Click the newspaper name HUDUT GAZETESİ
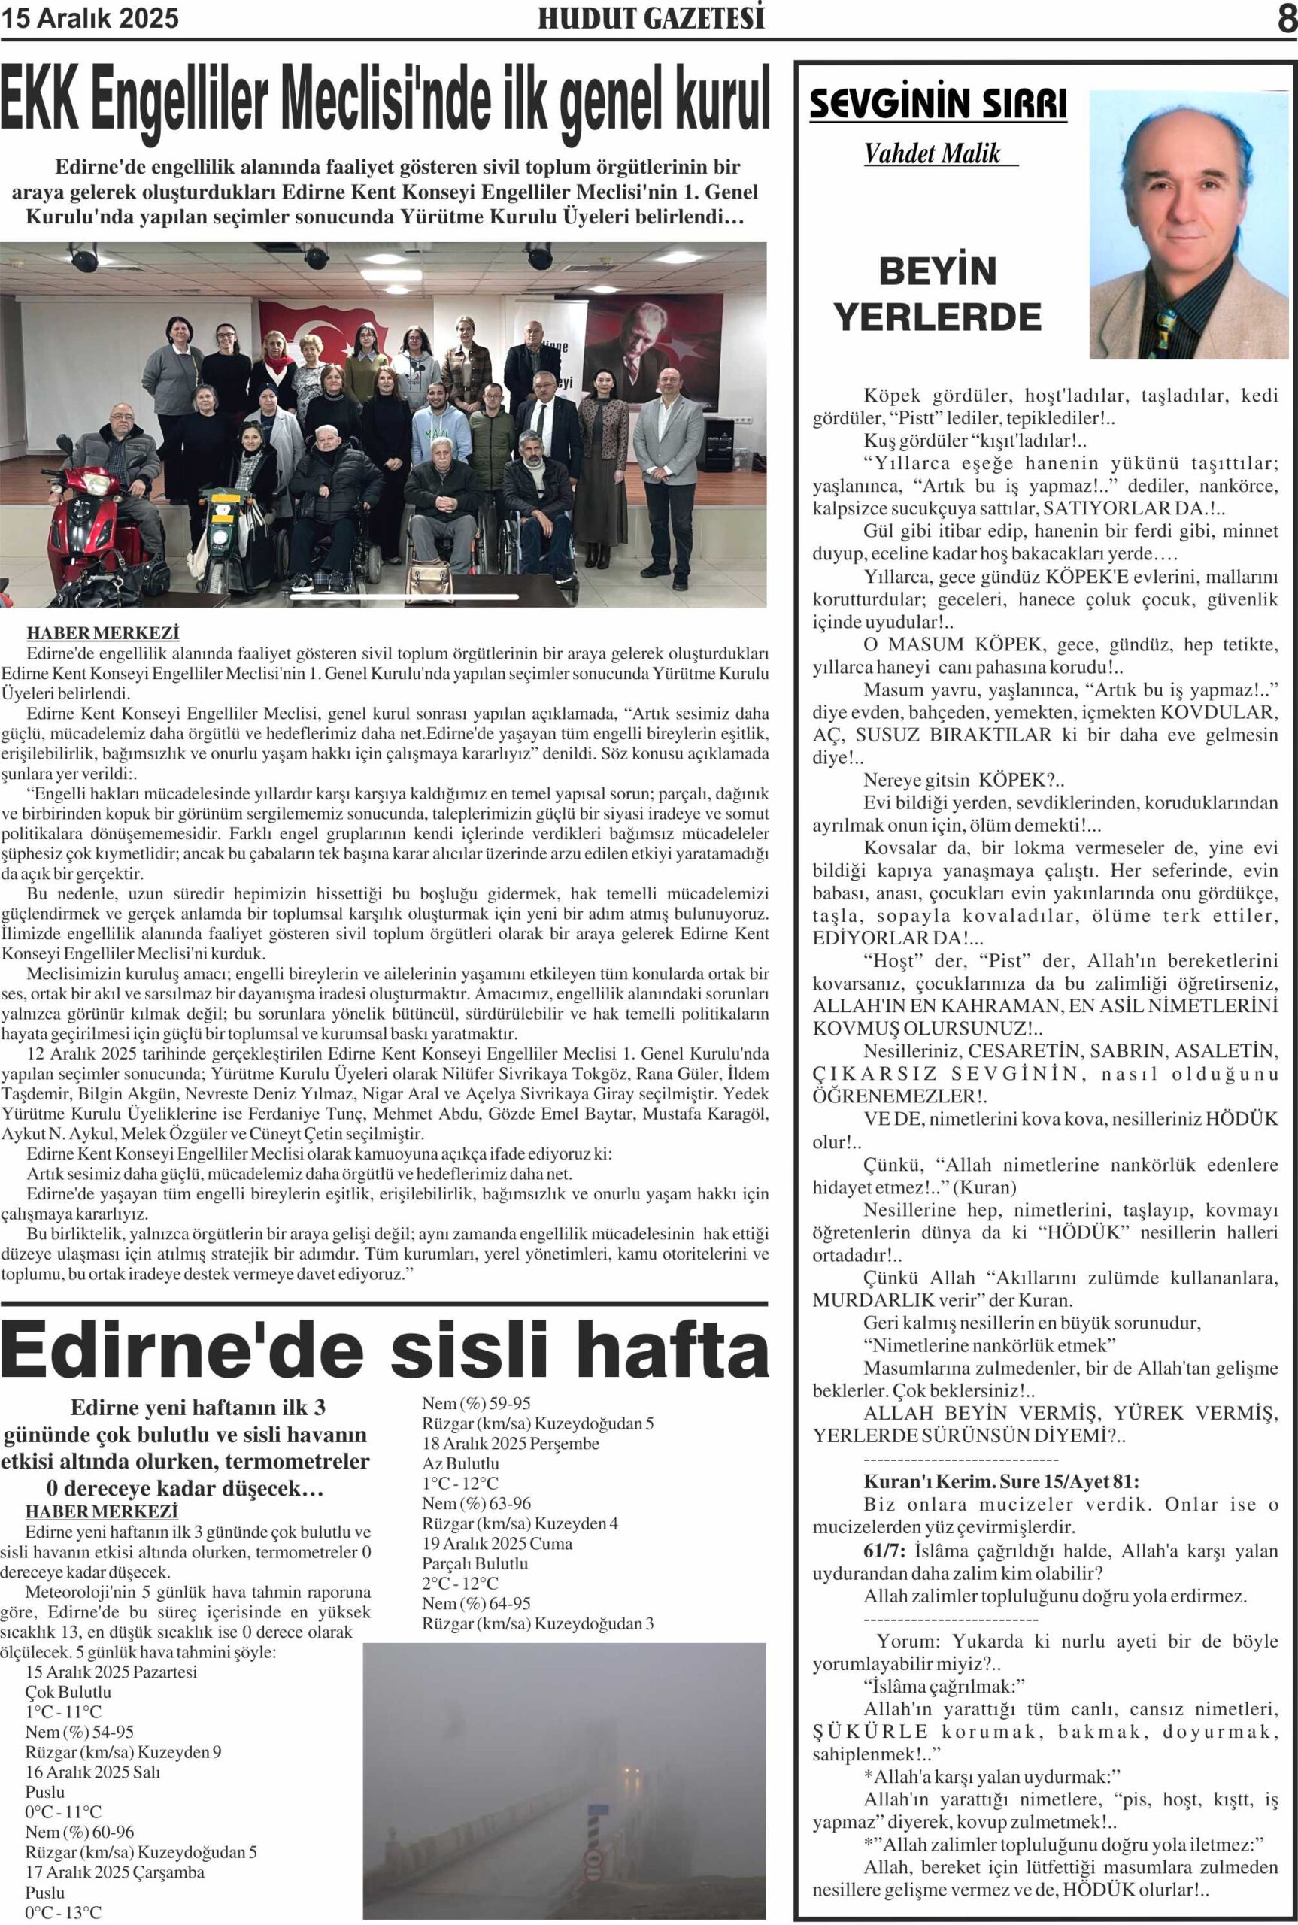(651, 18)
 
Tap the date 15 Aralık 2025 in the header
(89, 18)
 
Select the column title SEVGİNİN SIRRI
(937, 105)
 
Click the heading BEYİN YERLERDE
(937, 294)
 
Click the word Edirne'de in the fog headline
(182, 1350)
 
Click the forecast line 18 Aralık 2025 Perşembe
(510, 1443)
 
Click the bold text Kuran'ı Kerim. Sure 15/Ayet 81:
(1001, 1481)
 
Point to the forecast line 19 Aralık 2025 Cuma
(496, 1544)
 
